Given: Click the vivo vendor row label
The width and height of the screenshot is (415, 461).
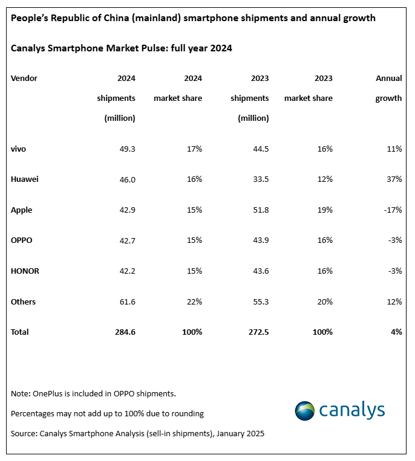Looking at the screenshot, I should [19, 149].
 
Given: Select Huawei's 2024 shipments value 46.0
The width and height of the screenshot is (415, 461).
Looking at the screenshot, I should [126, 179].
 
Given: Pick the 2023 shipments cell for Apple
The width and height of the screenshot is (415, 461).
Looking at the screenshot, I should [260, 210].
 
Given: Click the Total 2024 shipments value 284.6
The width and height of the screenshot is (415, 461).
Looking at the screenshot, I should [123, 332].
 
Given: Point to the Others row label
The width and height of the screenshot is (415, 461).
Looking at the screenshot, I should [23, 301].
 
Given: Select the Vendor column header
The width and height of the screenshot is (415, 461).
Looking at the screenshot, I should [24, 79].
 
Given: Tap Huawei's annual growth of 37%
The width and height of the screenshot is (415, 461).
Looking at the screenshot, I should [394, 179].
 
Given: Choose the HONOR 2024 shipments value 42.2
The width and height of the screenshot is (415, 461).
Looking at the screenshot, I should [126, 271].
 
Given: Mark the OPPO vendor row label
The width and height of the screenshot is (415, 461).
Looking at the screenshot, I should [22, 240].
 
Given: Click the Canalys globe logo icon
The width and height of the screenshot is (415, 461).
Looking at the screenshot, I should [305, 411].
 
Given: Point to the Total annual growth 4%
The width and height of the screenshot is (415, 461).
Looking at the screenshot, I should [396, 332].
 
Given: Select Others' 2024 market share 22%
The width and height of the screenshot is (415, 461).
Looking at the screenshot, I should [194, 301].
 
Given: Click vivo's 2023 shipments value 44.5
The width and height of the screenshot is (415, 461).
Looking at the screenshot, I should [260, 149].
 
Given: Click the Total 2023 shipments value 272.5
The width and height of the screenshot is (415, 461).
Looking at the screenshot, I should [257, 332].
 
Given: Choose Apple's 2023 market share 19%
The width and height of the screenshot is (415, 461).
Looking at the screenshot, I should [324, 210].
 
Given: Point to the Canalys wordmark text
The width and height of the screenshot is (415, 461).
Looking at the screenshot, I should [351, 410].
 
